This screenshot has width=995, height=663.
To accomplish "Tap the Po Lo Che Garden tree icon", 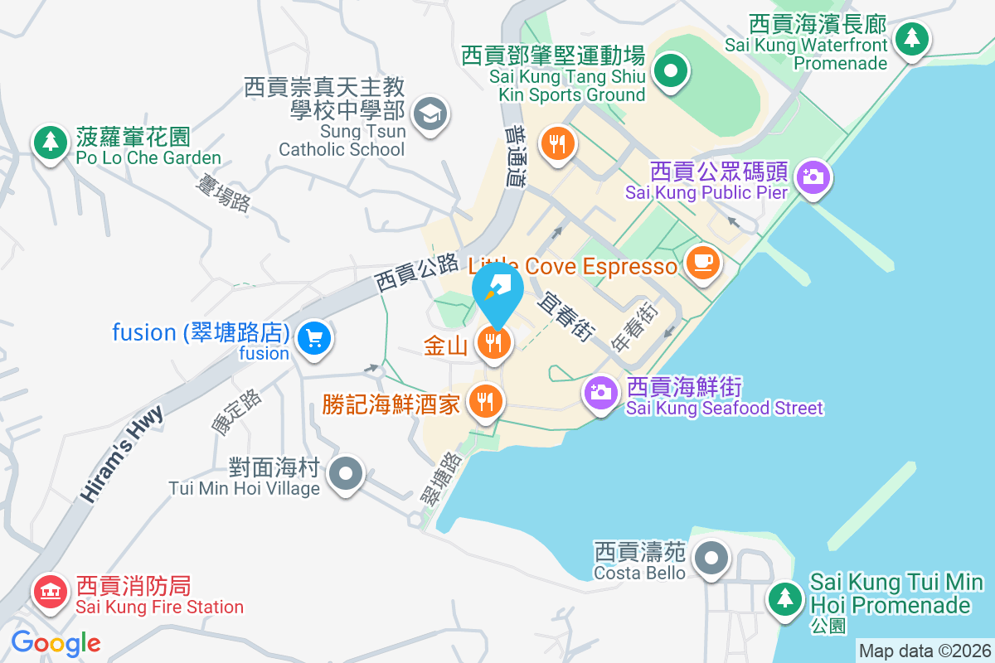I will point(51,142).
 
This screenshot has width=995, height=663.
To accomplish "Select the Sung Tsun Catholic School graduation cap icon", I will point(430,112).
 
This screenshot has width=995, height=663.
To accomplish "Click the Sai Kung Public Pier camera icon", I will point(813,177).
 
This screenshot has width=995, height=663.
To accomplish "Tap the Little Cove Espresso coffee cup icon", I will point(703,264).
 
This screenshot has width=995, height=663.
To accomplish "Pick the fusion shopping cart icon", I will point(314,338).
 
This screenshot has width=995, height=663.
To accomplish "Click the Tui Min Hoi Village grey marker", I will point(345,475).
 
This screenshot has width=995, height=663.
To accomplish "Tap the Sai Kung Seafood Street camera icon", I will point(601,391).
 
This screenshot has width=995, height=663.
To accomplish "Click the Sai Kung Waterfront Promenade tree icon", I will point(912,37).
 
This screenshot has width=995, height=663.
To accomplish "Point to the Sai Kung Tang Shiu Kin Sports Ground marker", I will point(670,71).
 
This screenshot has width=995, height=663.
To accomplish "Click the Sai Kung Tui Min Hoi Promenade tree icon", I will point(784,598).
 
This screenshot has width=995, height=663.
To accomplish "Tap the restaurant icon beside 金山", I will point(494,341).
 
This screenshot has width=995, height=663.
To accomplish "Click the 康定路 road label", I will point(236,412).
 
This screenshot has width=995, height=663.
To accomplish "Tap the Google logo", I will point(56,642).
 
